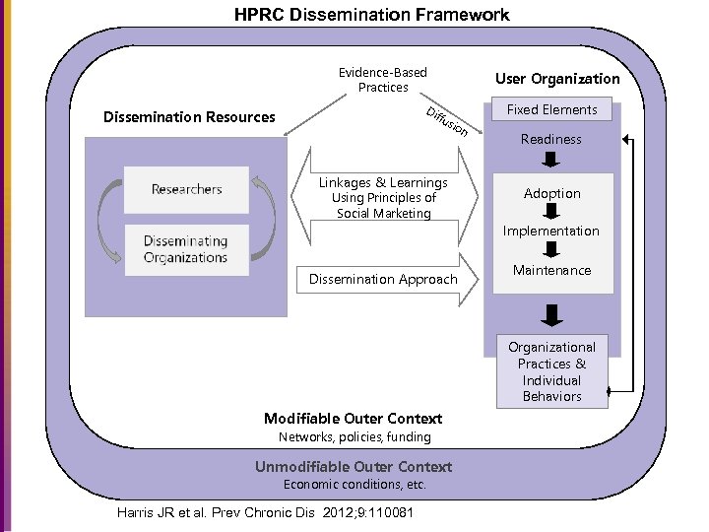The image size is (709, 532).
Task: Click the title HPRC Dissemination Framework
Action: (x=371, y=15)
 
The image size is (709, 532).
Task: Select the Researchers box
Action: (x=186, y=189)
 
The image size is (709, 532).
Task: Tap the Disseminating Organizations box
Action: (x=186, y=249)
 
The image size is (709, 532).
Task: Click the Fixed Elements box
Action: (x=551, y=109)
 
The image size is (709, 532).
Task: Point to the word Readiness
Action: (x=550, y=139)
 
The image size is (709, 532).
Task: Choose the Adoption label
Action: (x=551, y=193)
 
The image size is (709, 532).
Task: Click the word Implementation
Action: (x=550, y=231)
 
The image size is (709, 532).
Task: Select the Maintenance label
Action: (x=551, y=270)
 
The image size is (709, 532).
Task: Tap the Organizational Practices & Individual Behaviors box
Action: (x=551, y=371)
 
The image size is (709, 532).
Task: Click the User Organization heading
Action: (x=557, y=79)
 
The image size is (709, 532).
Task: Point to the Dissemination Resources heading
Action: (x=189, y=117)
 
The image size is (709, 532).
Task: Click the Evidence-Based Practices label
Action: (x=383, y=80)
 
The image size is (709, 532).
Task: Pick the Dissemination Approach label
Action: (x=383, y=280)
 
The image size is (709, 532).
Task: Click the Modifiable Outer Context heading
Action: (x=354, y=419)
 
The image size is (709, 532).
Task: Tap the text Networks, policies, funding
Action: (x=354, y=436)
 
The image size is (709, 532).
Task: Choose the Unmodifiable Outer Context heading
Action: (x=354, y=467)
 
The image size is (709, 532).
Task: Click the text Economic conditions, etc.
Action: (x=354, y=484)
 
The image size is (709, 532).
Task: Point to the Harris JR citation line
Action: (x=265, y=513)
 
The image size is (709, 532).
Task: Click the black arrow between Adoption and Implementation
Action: (x=551, y=212)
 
